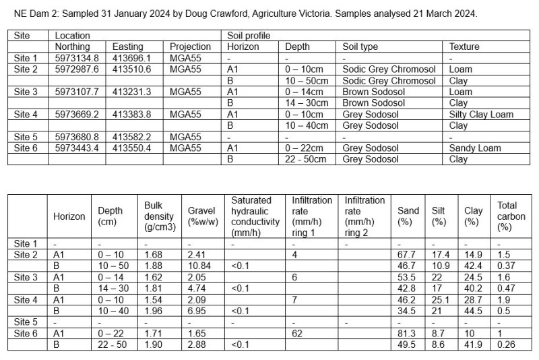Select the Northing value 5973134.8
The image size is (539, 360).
point(77,58)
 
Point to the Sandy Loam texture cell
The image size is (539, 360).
point(475,148)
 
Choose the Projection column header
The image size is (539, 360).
point(190,47)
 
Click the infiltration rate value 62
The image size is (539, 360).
point(296,334)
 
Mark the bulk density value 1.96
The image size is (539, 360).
point(154,311)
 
